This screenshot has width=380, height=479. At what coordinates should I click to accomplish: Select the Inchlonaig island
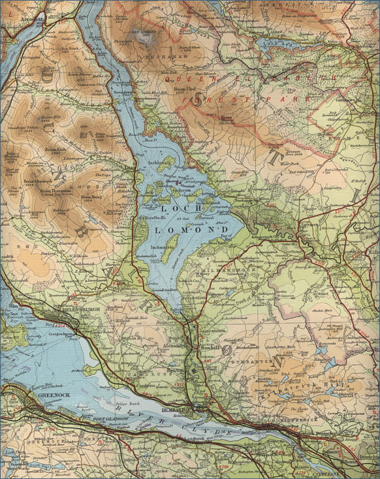tap(166, 161)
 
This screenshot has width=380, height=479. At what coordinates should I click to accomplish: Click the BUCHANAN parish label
tap(171, 57)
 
